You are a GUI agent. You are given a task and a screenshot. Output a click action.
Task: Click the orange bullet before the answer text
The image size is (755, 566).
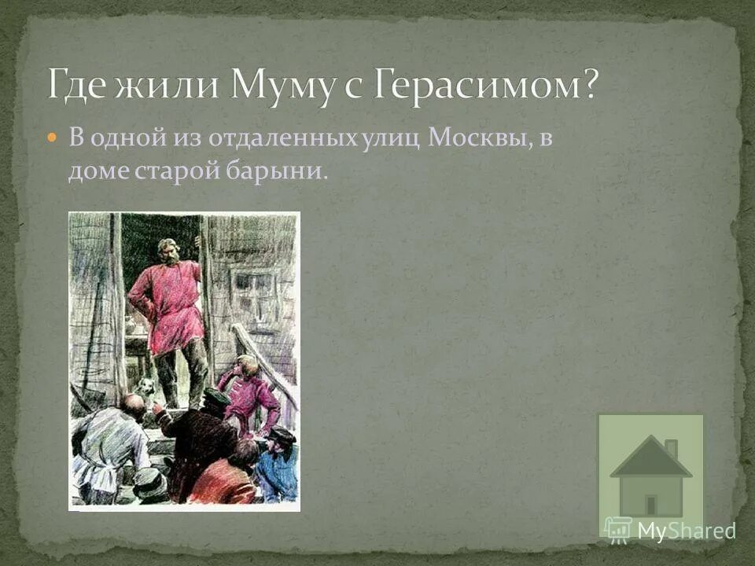(x=52, y=138)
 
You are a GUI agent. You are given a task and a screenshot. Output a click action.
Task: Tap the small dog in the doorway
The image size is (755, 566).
(x=144, y=387)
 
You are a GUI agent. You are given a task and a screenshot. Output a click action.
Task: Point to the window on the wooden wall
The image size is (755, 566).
(x=253, y=291)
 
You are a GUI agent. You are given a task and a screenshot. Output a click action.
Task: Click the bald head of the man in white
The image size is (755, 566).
(x=134, y=406)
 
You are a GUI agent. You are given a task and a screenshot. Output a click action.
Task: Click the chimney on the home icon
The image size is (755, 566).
(x=671, y=448)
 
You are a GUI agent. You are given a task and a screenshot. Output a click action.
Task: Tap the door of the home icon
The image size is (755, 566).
(x=650, y=505)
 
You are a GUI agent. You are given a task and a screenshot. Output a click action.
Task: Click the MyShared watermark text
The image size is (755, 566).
(x=686, y=531)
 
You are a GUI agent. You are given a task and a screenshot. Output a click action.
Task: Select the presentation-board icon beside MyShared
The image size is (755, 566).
(x=618, y=528)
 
